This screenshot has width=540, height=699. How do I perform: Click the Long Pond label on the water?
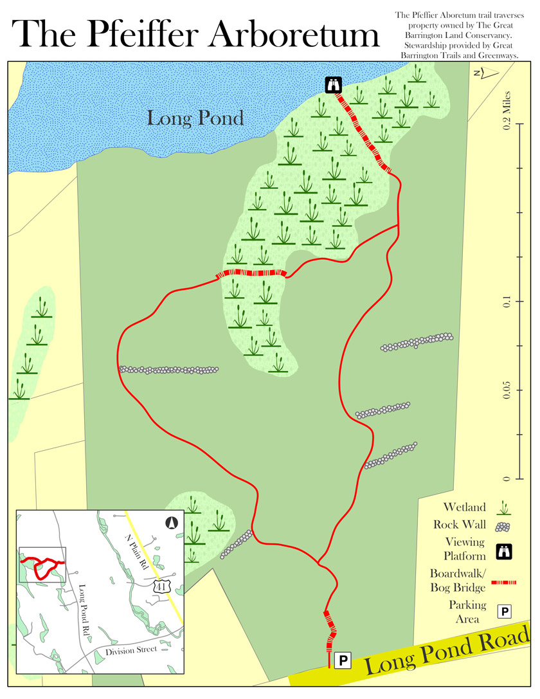pyautogui.click(x=195, y=118)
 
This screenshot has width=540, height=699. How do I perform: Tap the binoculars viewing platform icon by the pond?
pyautogui.click(x=333, y=84)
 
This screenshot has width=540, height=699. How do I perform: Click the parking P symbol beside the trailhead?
pyautogui.click(x=343, y=659)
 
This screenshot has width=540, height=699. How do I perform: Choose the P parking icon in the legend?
pyautogui.click(x=505, y=611)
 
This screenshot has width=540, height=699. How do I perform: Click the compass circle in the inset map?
pyautogui.click(x=171, y=523)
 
